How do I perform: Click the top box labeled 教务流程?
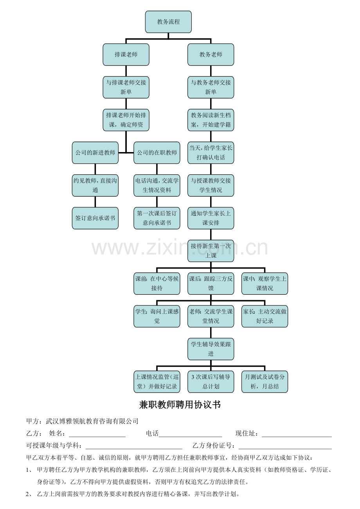pos(168,22)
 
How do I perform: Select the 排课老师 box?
pos(126,55)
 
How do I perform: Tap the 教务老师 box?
pos(211,55)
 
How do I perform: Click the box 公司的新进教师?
pos(95,153)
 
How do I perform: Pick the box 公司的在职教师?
pos(157,153)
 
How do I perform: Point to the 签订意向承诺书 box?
pos(95,218)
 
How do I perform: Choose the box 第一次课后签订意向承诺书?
pos(157,218)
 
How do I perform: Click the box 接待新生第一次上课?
pos(211,251)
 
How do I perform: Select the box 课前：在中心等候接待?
pos(157,283)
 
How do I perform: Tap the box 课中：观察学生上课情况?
pos(265,283)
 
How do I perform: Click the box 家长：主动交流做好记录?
pos(265,316)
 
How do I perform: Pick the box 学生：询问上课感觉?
pos(157,316)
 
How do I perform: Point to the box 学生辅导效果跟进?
pos(211,349)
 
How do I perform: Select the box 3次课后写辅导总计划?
pos(211,382)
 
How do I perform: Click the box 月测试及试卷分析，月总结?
pos(265,382)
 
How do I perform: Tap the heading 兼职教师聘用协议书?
pos(180,405)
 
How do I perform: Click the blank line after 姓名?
pos(97,437)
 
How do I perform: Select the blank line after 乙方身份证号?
pos(285,449)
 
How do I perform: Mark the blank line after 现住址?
pos(297,437)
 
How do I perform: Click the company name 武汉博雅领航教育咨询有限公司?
pos(92,421)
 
